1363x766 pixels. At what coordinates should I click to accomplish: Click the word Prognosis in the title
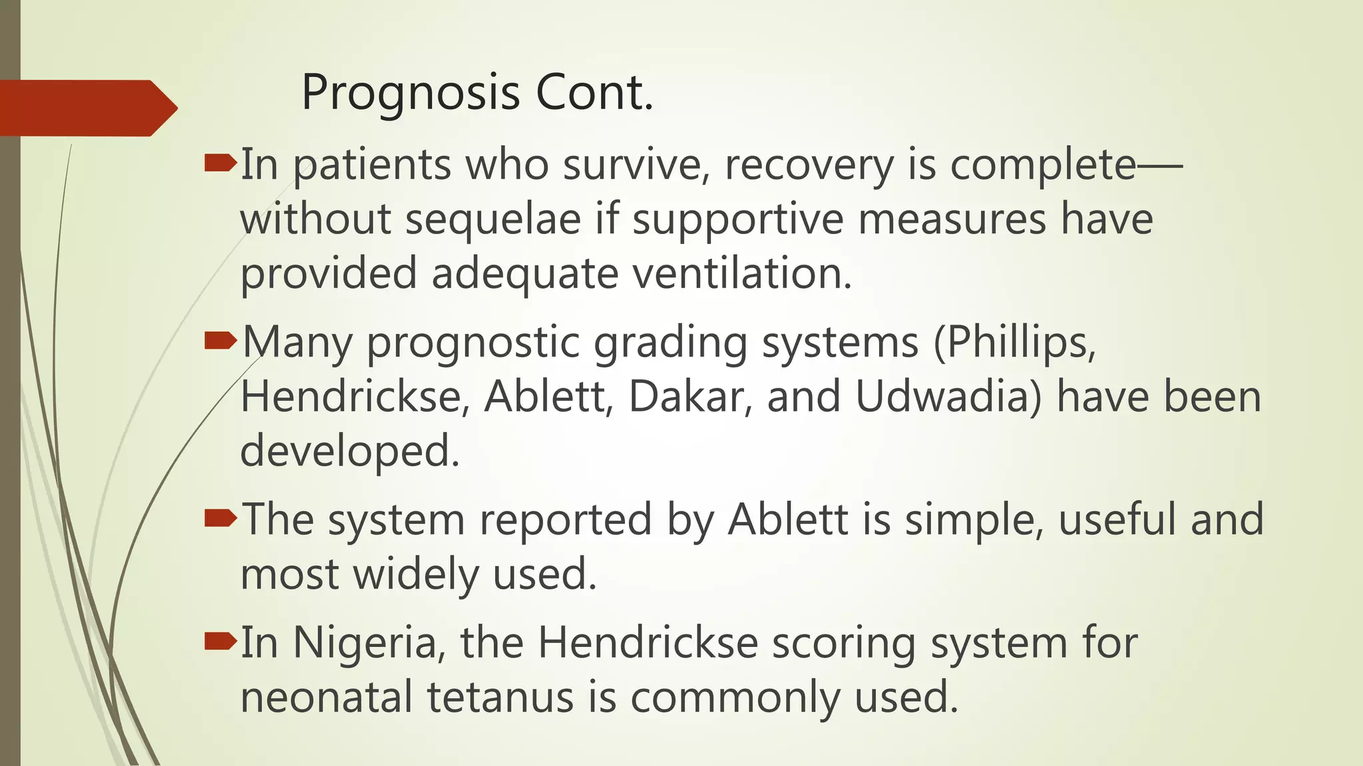[x=410, y=93]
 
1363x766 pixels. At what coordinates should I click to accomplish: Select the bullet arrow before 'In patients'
[x=220, y=163]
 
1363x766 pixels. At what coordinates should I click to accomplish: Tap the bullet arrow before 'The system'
[x=220, y=518]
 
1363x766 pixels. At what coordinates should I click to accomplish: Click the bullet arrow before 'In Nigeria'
[x=220, y=642]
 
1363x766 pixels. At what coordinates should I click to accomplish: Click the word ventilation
[x=741, y=273]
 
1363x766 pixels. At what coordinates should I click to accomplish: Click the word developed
[x=349, y=451]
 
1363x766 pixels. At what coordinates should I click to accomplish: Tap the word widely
[x=415, y=574]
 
